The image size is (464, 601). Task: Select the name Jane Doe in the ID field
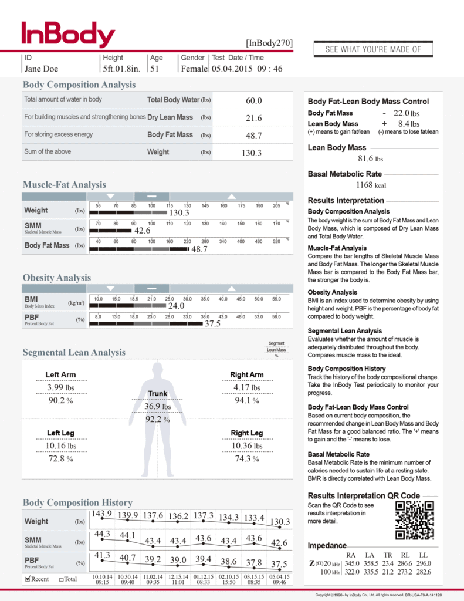(41, 69)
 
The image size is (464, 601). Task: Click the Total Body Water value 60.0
(253, 101)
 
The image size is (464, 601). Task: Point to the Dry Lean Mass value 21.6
(253, 118)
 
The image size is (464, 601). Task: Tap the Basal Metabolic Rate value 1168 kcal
(372, 185)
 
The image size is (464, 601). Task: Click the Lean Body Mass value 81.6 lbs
(370, 158)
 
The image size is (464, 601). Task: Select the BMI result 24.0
(176, 306)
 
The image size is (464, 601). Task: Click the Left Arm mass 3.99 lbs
(61, 388)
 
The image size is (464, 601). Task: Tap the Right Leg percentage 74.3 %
(247, 459)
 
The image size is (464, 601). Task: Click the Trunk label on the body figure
(157, 393)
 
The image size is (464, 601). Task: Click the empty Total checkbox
(62, 579)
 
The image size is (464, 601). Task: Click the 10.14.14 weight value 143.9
(101, 514)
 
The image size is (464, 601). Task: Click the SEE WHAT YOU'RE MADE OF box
(373, 49)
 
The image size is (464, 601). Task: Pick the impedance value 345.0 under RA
(352, 563)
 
